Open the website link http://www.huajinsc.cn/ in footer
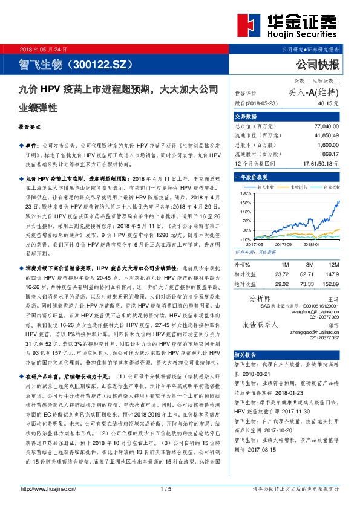[x=47, y=488]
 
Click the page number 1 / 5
[x=166, y=488]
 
